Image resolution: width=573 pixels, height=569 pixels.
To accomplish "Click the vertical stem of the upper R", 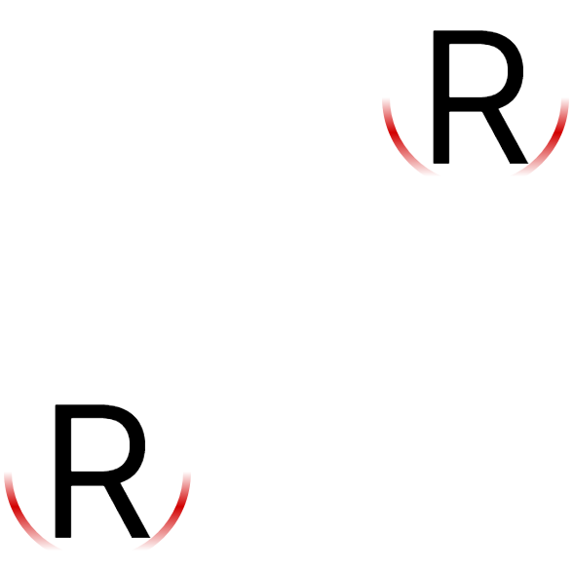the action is [x=441, y=96].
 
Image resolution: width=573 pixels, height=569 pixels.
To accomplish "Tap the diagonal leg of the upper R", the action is [x=505, y=136].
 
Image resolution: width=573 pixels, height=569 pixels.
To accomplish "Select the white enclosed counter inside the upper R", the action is [x=477, y=70].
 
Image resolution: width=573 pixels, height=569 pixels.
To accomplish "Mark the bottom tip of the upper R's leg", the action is [x=518, y=163].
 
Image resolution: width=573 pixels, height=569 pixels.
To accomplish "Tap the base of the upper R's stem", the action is [x=441, y=163].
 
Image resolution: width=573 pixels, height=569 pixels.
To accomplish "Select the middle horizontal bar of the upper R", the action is [x=465, y=104].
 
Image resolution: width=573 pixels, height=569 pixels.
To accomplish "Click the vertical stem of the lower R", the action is [x=62, y=471].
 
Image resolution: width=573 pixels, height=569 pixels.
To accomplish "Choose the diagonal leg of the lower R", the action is [x=127, y=511].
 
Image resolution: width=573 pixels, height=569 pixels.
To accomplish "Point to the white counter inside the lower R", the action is [x=98, y=444].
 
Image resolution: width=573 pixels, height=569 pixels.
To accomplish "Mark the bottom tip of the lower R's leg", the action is [x=140, y=537].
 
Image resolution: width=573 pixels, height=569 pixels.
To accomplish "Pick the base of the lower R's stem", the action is [x=62, y=537].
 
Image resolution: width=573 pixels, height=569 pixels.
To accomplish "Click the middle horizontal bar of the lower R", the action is [x=87, y=478].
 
